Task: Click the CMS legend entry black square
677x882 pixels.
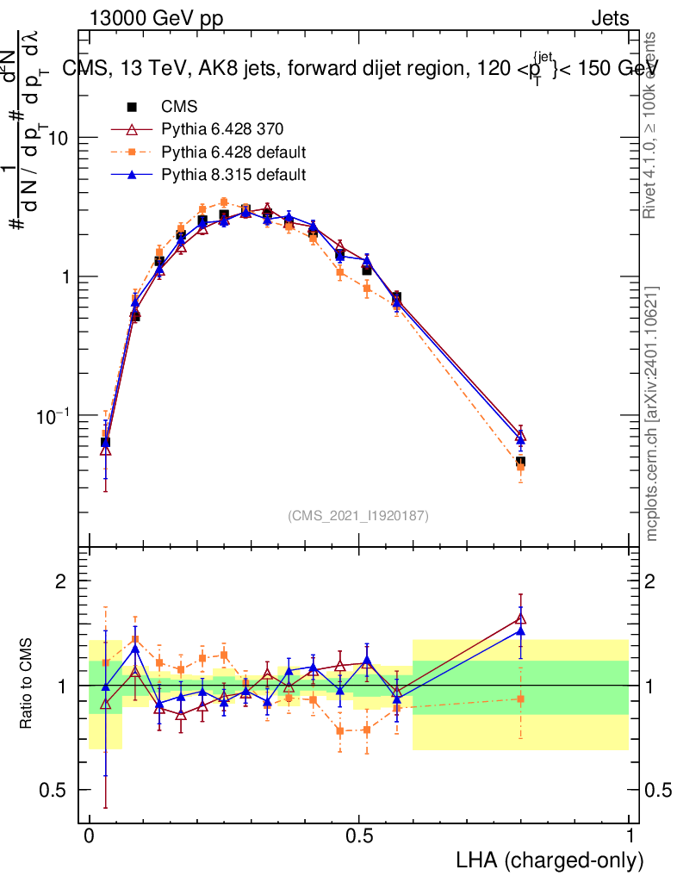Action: click(x=132, y=108)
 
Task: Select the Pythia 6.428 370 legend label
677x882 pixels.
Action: click(x=221, y=130)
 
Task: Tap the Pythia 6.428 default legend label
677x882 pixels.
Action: click(x=233, y=152)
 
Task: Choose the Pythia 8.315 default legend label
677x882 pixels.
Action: click(x=233, y=175)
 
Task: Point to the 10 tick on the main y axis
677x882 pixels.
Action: click(x=56, y=139)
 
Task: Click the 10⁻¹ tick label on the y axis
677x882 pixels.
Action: click(x=50, y=417)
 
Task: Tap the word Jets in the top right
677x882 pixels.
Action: click(x=609, y=19)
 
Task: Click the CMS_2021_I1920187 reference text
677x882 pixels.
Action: click(x=357, y=515)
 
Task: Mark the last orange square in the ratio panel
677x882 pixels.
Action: click(x=520, y=699)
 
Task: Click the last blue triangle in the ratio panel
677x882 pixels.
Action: click(x=520, y=630)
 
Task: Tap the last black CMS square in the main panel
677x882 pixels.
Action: click(x=520, y=463)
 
